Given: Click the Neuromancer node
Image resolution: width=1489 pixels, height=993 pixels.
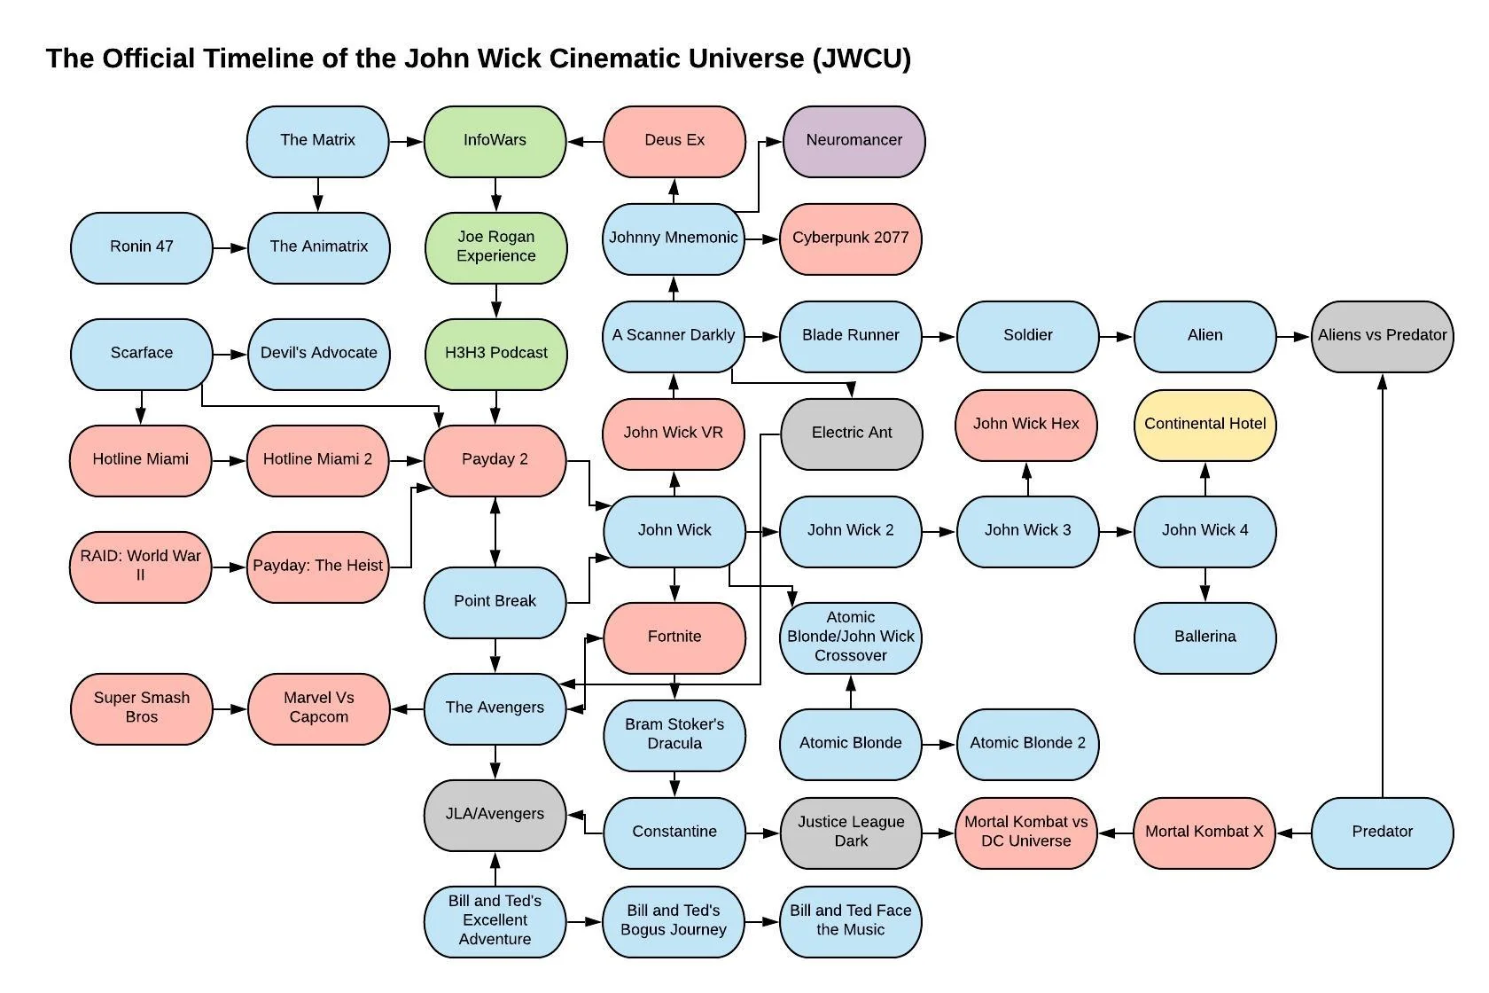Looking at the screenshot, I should (854, 141).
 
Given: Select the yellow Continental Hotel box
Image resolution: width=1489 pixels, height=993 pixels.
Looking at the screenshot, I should (1204, 425).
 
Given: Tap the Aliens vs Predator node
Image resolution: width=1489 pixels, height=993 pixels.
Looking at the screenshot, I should (1382, 336).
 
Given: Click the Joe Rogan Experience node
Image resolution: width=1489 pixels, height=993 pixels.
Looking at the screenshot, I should (495, 247).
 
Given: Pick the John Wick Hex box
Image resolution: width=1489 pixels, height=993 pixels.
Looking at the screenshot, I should (1026, 425).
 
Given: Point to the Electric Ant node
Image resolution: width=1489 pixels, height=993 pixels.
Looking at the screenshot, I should (852, 434).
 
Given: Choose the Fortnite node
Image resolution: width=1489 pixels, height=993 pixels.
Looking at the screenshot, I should (674, 637).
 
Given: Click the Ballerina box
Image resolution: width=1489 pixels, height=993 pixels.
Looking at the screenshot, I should (1204, 637).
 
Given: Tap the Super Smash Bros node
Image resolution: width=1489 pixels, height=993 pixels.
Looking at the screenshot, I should (141, 708).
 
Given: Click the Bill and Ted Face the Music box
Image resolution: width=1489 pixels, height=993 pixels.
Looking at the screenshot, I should (850, 921).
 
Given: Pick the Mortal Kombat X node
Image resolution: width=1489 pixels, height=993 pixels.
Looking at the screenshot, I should (1204, 833).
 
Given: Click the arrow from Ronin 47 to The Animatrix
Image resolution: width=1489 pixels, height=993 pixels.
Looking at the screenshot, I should (230, 248).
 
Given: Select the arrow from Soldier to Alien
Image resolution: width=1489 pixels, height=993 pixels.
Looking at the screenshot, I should (1116, 337).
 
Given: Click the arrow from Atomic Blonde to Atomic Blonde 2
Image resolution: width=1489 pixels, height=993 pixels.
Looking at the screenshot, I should (939, 745).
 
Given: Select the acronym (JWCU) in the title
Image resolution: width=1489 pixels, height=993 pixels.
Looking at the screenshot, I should (861, 59).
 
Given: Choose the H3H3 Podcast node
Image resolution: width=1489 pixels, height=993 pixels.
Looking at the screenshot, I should (495, 354).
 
